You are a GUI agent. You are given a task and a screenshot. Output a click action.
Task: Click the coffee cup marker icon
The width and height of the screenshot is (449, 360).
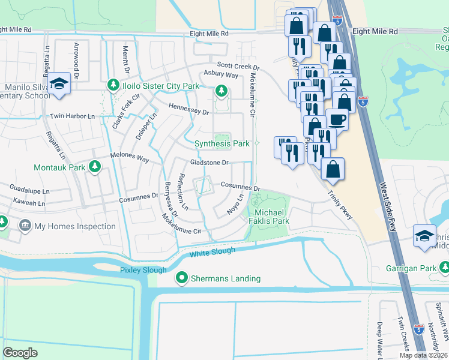point(337,119)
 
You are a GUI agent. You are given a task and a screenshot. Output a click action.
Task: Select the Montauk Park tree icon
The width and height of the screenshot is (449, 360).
point(94,167)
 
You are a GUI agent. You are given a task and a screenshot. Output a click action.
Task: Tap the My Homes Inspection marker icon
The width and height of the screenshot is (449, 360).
point(25,226)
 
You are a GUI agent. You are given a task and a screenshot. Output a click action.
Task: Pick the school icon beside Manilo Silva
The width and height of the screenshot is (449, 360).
point(59,84)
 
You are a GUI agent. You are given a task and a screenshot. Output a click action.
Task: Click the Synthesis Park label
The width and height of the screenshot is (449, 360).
point(221,143)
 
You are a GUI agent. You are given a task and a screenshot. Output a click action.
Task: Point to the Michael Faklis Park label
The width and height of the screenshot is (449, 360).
point(272,217)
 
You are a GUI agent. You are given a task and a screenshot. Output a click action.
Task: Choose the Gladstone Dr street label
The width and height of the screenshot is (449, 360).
point(210,163)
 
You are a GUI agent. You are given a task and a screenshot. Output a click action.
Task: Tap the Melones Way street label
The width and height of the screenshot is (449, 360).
point(129,158)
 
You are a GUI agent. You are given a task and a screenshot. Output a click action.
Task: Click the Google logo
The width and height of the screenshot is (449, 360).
point(20,352)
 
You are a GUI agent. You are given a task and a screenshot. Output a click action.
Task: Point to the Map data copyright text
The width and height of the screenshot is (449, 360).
point(424,355)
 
